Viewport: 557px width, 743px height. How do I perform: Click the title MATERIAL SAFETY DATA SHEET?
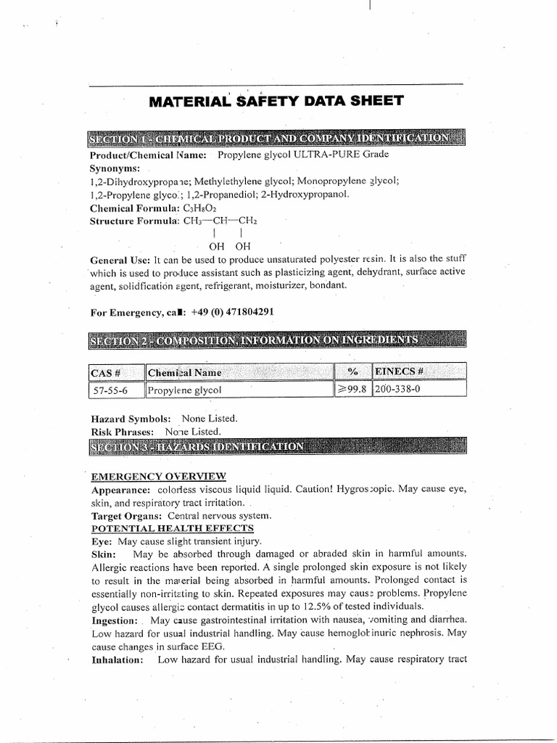pos(276,102)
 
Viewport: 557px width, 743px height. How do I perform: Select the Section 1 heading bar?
pos(276,139)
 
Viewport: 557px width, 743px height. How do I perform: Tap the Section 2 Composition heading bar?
pos(276,340)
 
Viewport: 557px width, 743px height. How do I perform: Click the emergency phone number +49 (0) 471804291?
pos(233,312)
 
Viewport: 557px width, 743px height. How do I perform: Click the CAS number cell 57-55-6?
pos(107,390)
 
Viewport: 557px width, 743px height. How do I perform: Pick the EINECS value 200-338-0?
pos(398,390)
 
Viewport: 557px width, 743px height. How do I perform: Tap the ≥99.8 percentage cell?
pos(353,390)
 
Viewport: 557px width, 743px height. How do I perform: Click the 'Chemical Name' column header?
pos(184,372)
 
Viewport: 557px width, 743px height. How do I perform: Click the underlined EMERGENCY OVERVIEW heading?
pos(158,476)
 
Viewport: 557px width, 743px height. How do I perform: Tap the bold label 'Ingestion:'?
pos(114,620)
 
